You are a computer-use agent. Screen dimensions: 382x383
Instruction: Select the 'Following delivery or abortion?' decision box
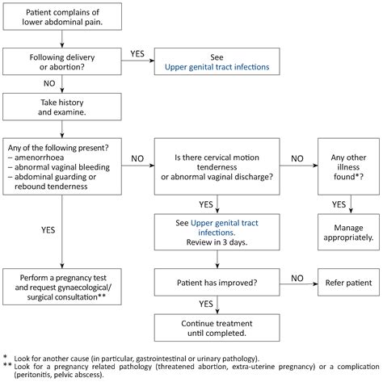click(x=62, y=61)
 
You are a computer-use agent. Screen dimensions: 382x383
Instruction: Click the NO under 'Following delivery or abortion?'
click(x=49, y=82)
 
